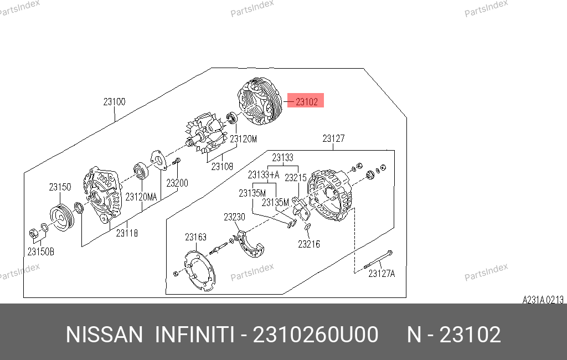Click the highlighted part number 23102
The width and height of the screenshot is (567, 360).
click(307, 102)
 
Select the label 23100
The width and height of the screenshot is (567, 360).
click(114, 102)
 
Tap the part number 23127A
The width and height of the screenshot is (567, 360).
click(382, 274)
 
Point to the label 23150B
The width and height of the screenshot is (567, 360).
click(41, 251)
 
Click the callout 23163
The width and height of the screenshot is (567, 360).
click(195, 237)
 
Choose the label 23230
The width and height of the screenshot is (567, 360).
click(234, 217)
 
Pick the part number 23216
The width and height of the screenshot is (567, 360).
click(309, 244)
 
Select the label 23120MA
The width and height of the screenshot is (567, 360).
click(141, 197)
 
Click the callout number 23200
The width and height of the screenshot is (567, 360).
click(177, 183)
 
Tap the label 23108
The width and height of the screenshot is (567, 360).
click(222, 167)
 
